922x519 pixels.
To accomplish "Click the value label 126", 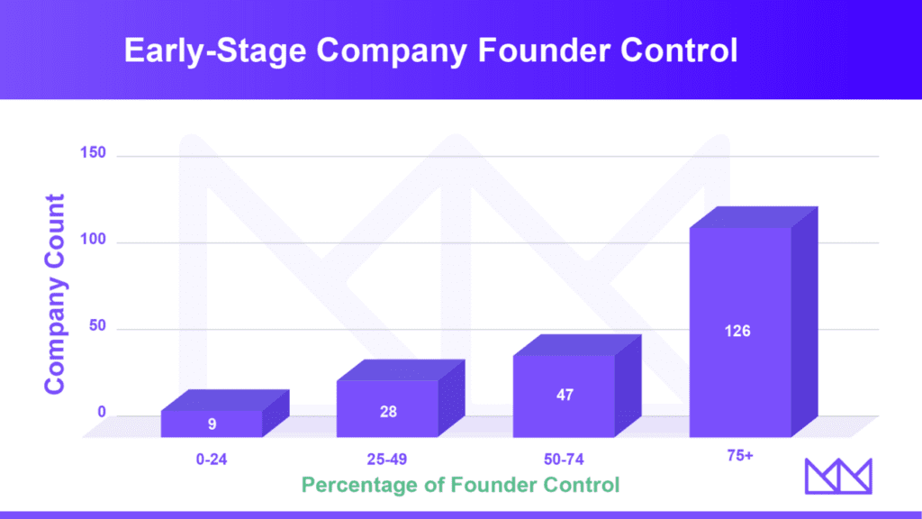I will pos(737,331).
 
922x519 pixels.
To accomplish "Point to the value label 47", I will pos(565,395).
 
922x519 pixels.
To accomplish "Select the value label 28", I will pos(387,411).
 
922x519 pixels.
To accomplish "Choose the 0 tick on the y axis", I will pos(101,413).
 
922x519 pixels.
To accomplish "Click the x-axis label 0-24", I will pos(212,459).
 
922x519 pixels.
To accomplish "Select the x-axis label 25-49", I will pos(388,459).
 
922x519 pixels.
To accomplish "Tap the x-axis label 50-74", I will pos(565,459).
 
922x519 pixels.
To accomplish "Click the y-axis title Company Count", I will pos(56,293).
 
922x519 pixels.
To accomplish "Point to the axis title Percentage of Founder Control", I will pos(460,485).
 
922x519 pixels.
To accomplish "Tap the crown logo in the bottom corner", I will pos(837,476).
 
